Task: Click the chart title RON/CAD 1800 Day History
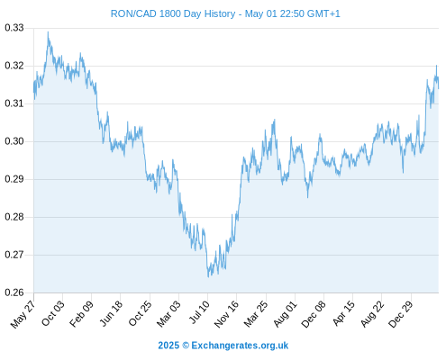pyautogui.click(x=173, y=13)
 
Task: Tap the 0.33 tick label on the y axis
pyautogui.click(x=14, y=28)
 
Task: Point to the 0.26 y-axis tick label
pyautogui.click(x=14, y=292)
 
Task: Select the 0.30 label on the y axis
pyautogui.click(x=14, y=141)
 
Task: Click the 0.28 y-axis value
pyautogui.click(x=14, y=217)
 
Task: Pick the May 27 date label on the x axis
pyautogui.click(x=23, y=314)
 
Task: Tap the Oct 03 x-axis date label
pyautogui.click(x=53, y=313)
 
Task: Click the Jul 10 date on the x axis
pyautogui.click(x=199, y=312)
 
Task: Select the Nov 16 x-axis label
pyautogui.click(x=226, y=314)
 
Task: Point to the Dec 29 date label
pyautogui.click(x=401, y=314)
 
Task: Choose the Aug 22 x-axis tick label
pyautogui.click(x=372, y=314)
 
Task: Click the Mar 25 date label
pyautogui.click(x=256, y=314)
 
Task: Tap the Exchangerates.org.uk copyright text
pyautogui.click(x=223, y=346)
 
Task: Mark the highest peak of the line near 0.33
pyautogui.click(x=48, y=32)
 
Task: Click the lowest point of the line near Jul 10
pyautogui.click(x=208, y=276)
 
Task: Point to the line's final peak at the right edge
pyautogui.click(x=436, y=66)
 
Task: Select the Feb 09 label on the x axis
pyautogui.click(x=81, y=314)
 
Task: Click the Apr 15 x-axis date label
pyautogui.click(x=344, y=313)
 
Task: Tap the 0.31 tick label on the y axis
pyautogui.click(x=14, y=103)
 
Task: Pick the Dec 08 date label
pyautogui.click(x=314, y=314)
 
